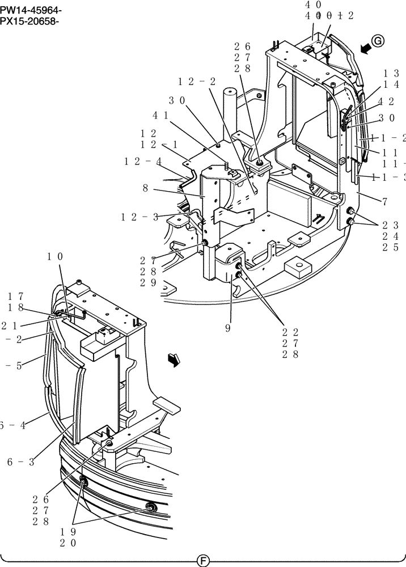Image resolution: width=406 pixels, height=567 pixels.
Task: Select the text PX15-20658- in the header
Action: pyautogui.click(x=30, y=22)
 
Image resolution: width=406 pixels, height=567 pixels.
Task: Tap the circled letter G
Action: pyautogui.click(x=378, y=40)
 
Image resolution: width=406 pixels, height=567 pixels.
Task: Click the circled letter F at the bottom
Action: pyautogui.click(x=202, y=561)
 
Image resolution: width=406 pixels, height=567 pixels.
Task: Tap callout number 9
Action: pyautogui.click(x=227, y=328)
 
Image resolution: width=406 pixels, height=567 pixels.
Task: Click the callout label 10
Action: pyautogui.click(x=55, y=257)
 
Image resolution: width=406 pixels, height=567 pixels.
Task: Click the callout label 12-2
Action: pyautogui.click(x=197, y=82)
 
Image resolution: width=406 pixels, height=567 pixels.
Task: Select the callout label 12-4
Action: pyautogui.click(x=142, y=162)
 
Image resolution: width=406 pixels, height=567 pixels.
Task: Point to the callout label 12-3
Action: pyautogui.click(x=139, y=216)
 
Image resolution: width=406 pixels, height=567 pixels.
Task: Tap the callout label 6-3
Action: pyautogui.click(x=21, y=462)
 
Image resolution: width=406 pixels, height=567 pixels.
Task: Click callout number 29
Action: pyautogui.click(x=149, y=283)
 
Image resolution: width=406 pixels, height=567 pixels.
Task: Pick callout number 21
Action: pyautogui.click(x=9, y=325)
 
